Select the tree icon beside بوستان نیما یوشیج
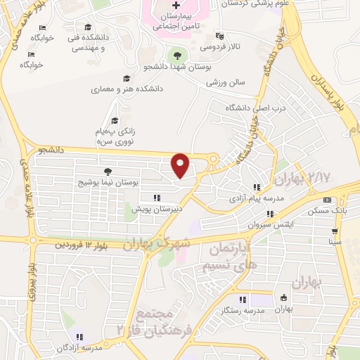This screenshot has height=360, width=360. pyautogui.click(x=108, y=171)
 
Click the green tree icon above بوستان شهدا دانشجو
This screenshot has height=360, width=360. pyautogui.click(x=176, y=54)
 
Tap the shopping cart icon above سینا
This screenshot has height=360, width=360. pyautogui.click(x=335, y=231)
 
